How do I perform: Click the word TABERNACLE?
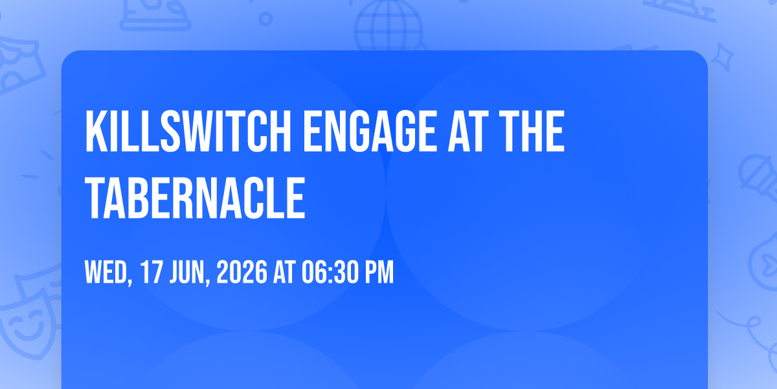click(x=195, y=198)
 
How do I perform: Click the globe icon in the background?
click(x=388, y=25)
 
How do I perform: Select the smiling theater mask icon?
click(x=27, y=323)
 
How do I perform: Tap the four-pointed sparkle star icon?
click(x=723, y=57)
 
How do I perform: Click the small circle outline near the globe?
click(x=265, y=19)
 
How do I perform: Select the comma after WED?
click(x=130, y=282)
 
